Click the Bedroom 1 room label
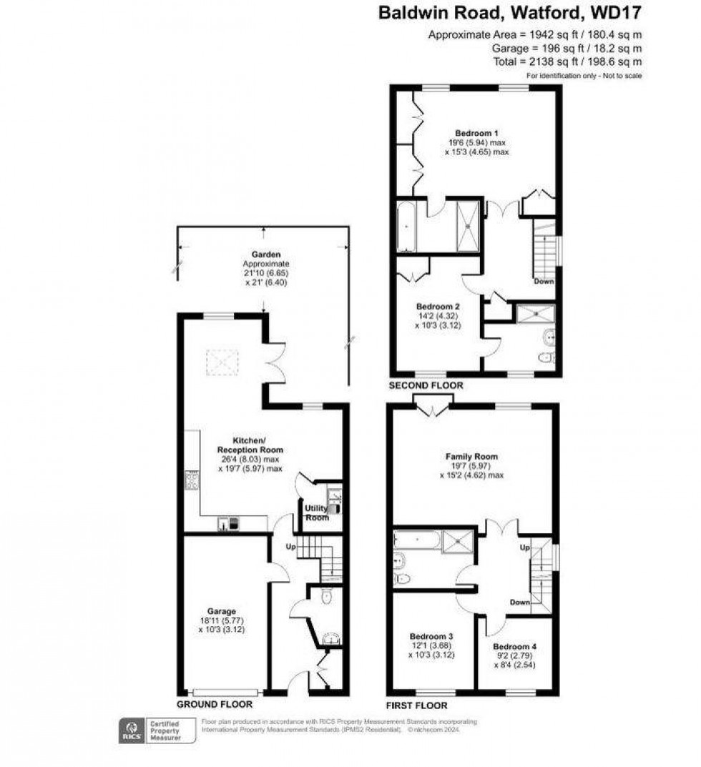click(476, 133)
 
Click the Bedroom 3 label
click(431, 635)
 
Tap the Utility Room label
click(316, 513)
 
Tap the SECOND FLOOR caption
click(426, 385)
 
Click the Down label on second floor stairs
click(543, 282)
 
